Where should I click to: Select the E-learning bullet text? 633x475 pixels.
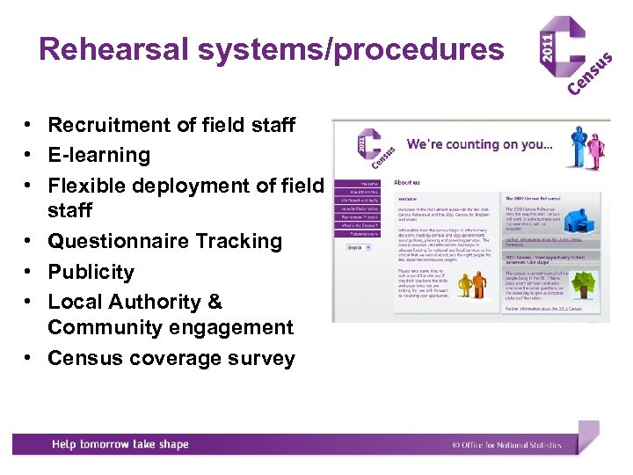pos(99,155)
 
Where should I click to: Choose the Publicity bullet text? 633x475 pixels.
pos(91,272)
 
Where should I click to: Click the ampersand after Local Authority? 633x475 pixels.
pos(215,302)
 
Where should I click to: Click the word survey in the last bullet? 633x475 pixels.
pos(263,358)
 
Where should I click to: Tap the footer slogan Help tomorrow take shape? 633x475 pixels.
pos(120,444)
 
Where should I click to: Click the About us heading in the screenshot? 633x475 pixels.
pos(407,182)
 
